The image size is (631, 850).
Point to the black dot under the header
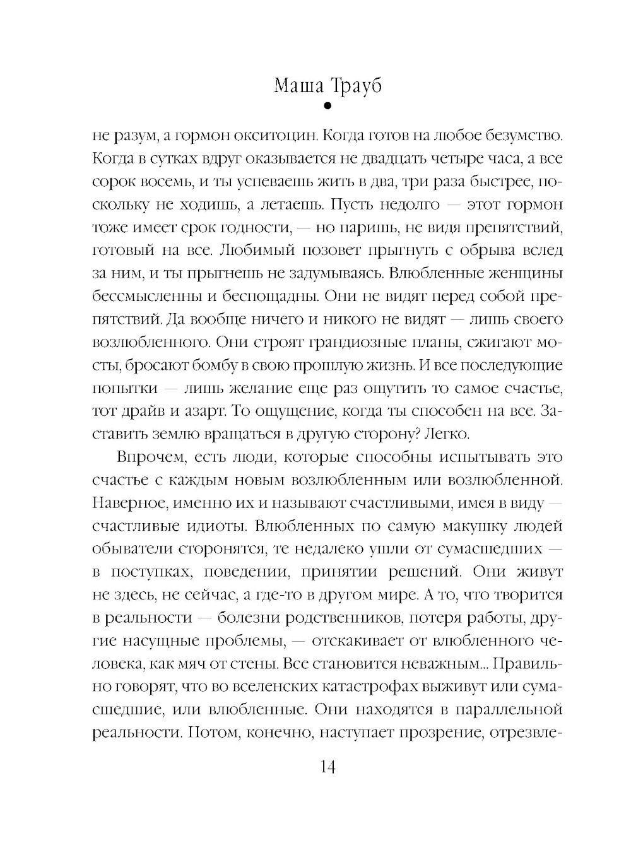326,107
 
